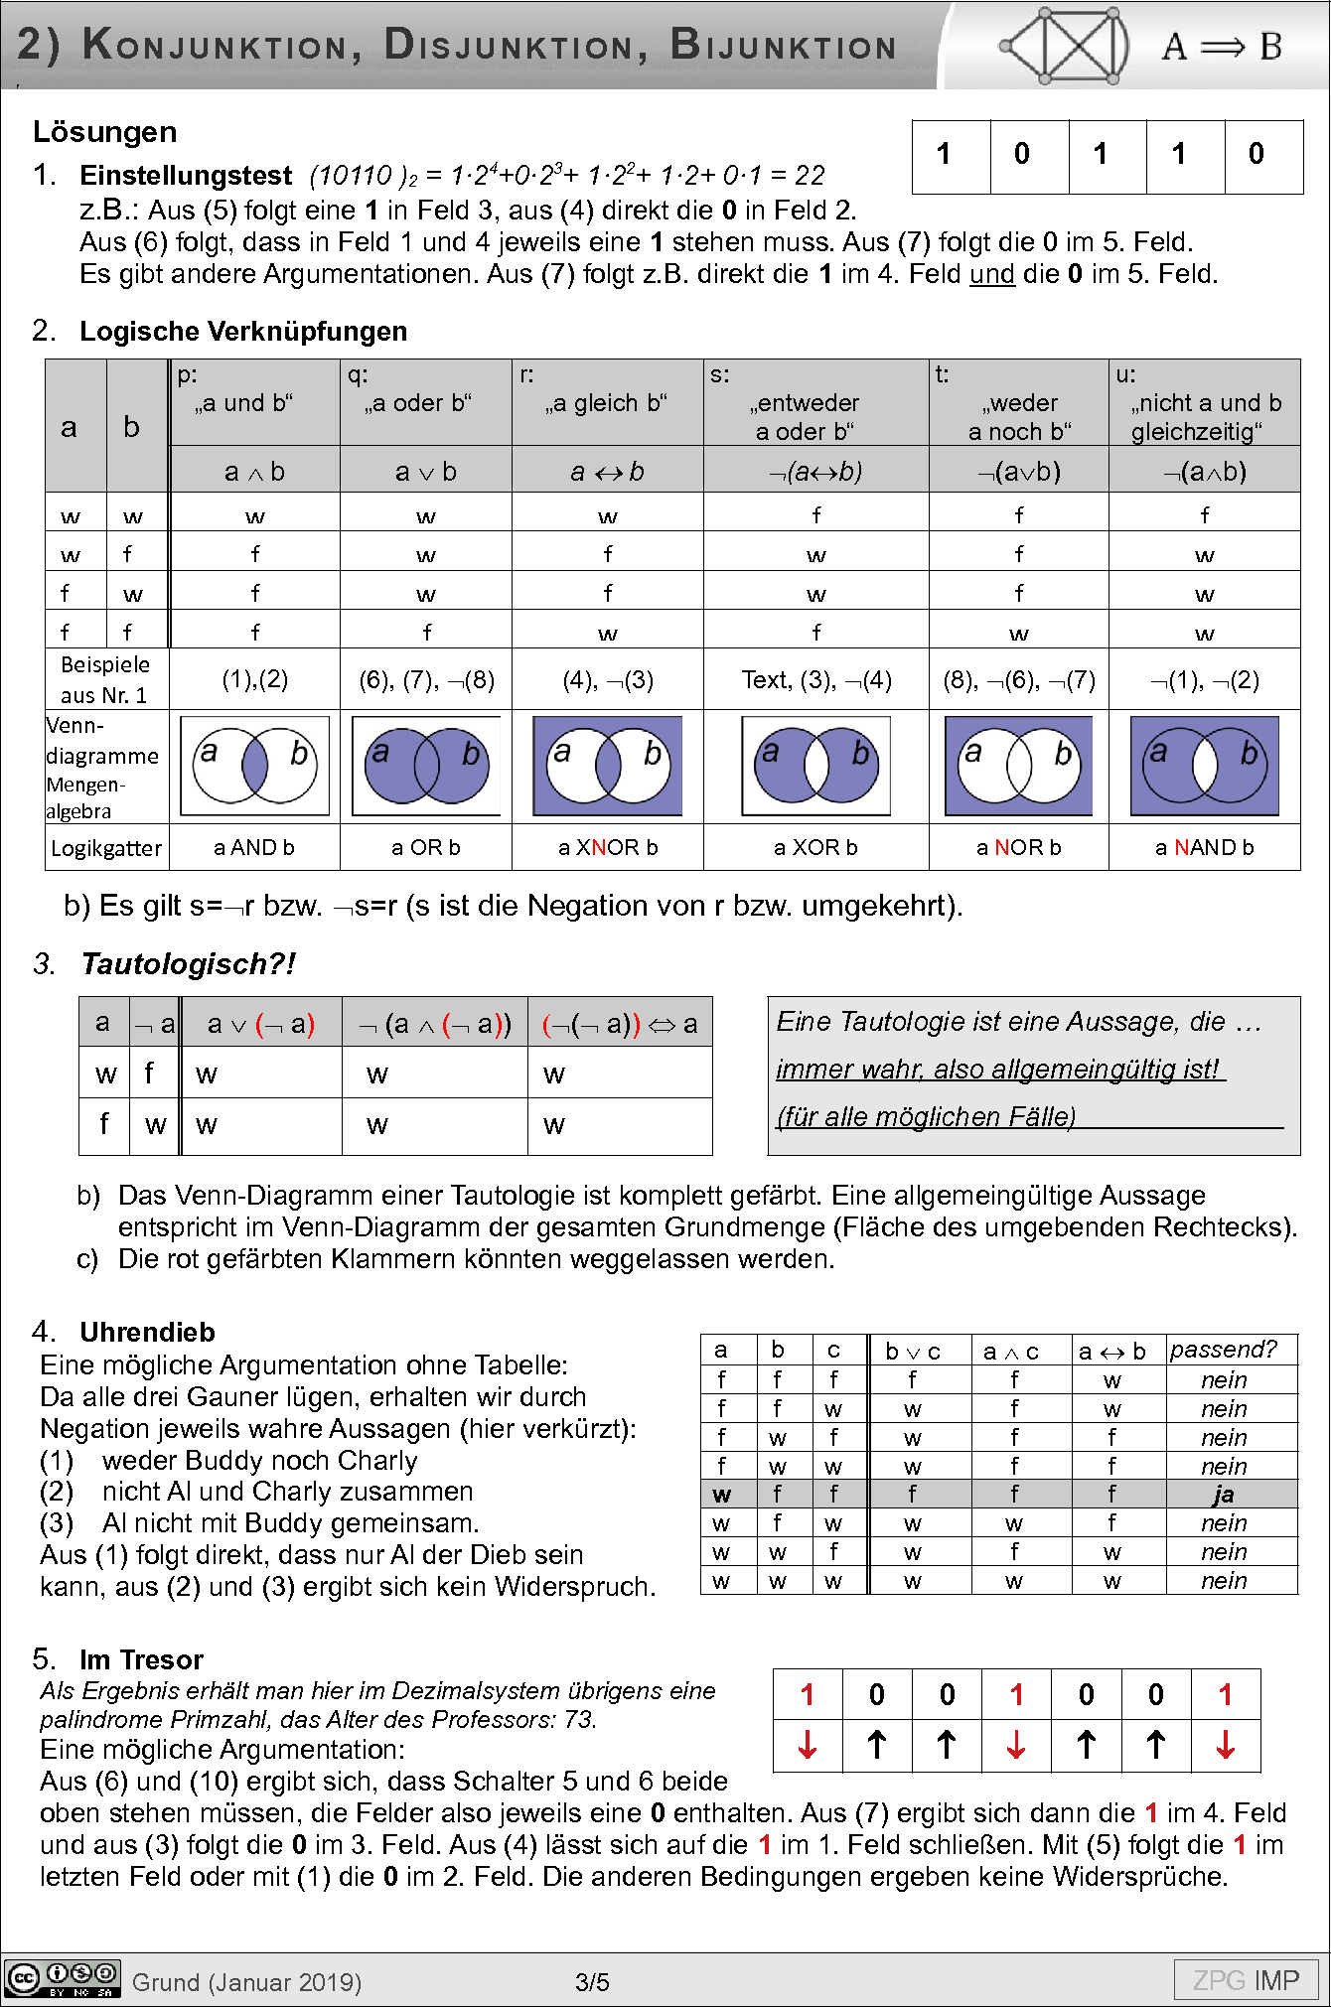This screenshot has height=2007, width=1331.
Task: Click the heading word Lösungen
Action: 104,132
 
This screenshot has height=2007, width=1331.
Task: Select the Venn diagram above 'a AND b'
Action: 255,766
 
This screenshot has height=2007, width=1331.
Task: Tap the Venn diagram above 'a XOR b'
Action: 815,766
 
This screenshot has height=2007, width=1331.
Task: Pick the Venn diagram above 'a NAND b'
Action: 1204,766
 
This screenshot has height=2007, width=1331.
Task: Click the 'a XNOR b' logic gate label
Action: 608,848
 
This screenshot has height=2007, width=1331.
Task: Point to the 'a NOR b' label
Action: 1018,848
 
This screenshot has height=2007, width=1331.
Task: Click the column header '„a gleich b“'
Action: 606,403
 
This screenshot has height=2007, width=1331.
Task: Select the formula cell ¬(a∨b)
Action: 1018,472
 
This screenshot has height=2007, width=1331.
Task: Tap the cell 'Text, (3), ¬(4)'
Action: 815,680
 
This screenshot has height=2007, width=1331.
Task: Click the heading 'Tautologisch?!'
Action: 188,964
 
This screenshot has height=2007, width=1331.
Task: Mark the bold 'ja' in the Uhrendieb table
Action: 1223,1495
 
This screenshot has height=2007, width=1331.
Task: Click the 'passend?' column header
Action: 1223,1350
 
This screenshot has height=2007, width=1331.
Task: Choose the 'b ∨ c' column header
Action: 912,1352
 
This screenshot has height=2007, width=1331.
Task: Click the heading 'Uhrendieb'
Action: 147,1332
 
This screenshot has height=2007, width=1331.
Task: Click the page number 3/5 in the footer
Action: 592,1983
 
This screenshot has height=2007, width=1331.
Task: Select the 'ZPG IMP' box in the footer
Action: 1246,1981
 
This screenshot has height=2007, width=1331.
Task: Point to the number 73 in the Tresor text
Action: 578,1719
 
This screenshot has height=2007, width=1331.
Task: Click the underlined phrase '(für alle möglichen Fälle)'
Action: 926,1117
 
